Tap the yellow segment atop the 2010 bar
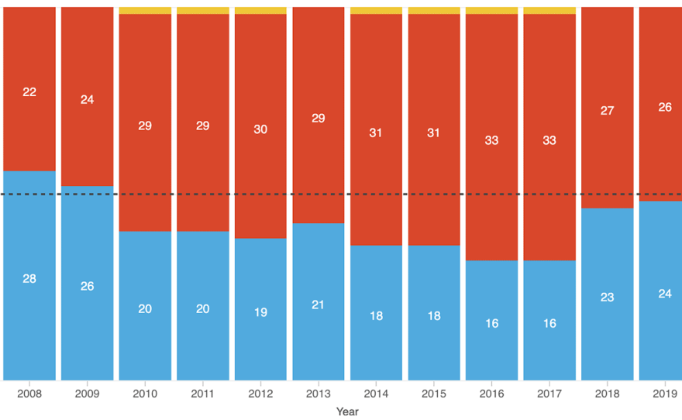(x=145, y=10)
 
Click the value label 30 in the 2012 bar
(x=260, y=129)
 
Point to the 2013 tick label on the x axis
(x=318, y=394)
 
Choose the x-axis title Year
(x=347, y=411)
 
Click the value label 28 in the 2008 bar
(x=29, y=278)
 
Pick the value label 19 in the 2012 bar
(x=260, y=312)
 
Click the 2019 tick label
(x=664, y=394)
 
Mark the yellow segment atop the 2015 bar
(x=433, y=10)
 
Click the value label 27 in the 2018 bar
(x=607, y=111)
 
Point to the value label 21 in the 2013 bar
(x=318, y=305)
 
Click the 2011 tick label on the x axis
(x=202, y=394)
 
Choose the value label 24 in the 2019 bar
(x=664, y=294)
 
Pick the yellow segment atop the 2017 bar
(x=549, y=10)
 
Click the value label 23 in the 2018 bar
(x=607, y=297)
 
